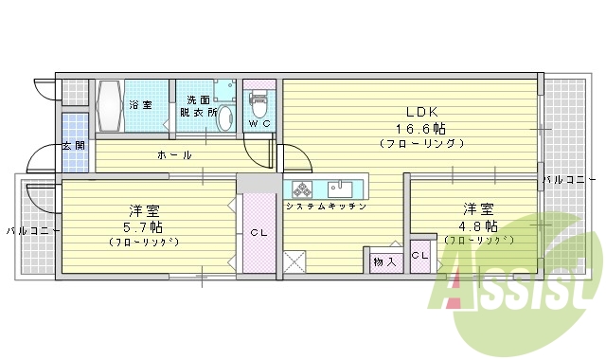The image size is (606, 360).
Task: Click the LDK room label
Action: pos(418,109)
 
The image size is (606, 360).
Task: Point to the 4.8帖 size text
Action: pos(480,226)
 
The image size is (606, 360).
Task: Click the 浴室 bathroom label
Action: pos(140,103)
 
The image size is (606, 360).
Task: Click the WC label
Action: pos(258,124)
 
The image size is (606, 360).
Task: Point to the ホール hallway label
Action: pos(175,154)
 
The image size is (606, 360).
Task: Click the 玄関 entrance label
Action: pos(74,146)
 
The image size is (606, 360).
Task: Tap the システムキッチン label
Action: pos(326,206)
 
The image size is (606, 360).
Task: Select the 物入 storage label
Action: pos(383,261)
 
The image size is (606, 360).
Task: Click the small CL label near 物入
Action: pos(419,256)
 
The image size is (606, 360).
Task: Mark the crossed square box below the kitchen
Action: pos(294,261)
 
